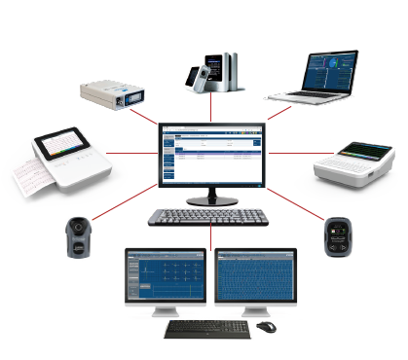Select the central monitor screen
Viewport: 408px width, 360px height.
tap(212, 160)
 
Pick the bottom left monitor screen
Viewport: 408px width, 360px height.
tap(165, 276)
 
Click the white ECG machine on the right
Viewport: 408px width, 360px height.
tap(356, 162)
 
